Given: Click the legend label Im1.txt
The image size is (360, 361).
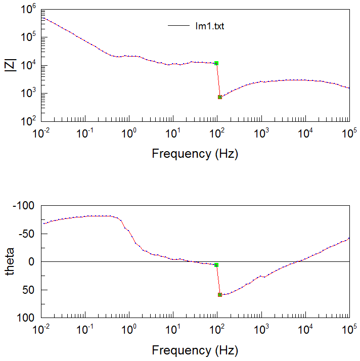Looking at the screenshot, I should point(209,26).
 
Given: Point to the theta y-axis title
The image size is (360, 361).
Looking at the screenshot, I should point(11,261).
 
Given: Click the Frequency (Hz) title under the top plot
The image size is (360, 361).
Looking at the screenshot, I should point(195,154).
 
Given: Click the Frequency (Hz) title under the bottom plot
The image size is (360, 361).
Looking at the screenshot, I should point(195,350).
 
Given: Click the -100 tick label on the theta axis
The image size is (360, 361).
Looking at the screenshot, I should point(25,207).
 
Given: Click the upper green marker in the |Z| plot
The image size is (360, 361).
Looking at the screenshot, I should point(216,63).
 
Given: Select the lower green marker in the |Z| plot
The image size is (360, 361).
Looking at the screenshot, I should point(220,97).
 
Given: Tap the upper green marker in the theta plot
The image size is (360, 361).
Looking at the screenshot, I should point(216,265).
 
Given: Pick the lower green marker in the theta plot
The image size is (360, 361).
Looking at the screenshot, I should point(220,295).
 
